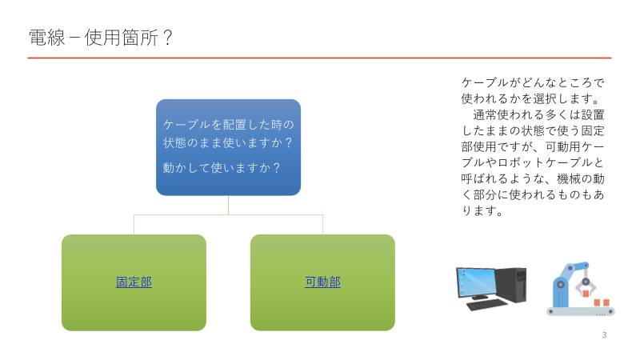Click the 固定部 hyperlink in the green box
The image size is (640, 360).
click(134, 282)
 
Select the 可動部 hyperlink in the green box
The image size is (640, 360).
click(322, 282)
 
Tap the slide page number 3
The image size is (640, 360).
click(604, 334)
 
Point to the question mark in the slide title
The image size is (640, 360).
click(167, 38)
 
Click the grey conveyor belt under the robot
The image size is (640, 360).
click(580, 311)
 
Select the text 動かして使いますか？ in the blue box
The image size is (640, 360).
click(222, 168)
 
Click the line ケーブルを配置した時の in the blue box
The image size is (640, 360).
click(228, 125)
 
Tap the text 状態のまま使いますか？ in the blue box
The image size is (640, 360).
click(227, 142)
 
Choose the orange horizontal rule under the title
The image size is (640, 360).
click(320, 58)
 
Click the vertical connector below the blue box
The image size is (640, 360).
click(228, 205)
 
